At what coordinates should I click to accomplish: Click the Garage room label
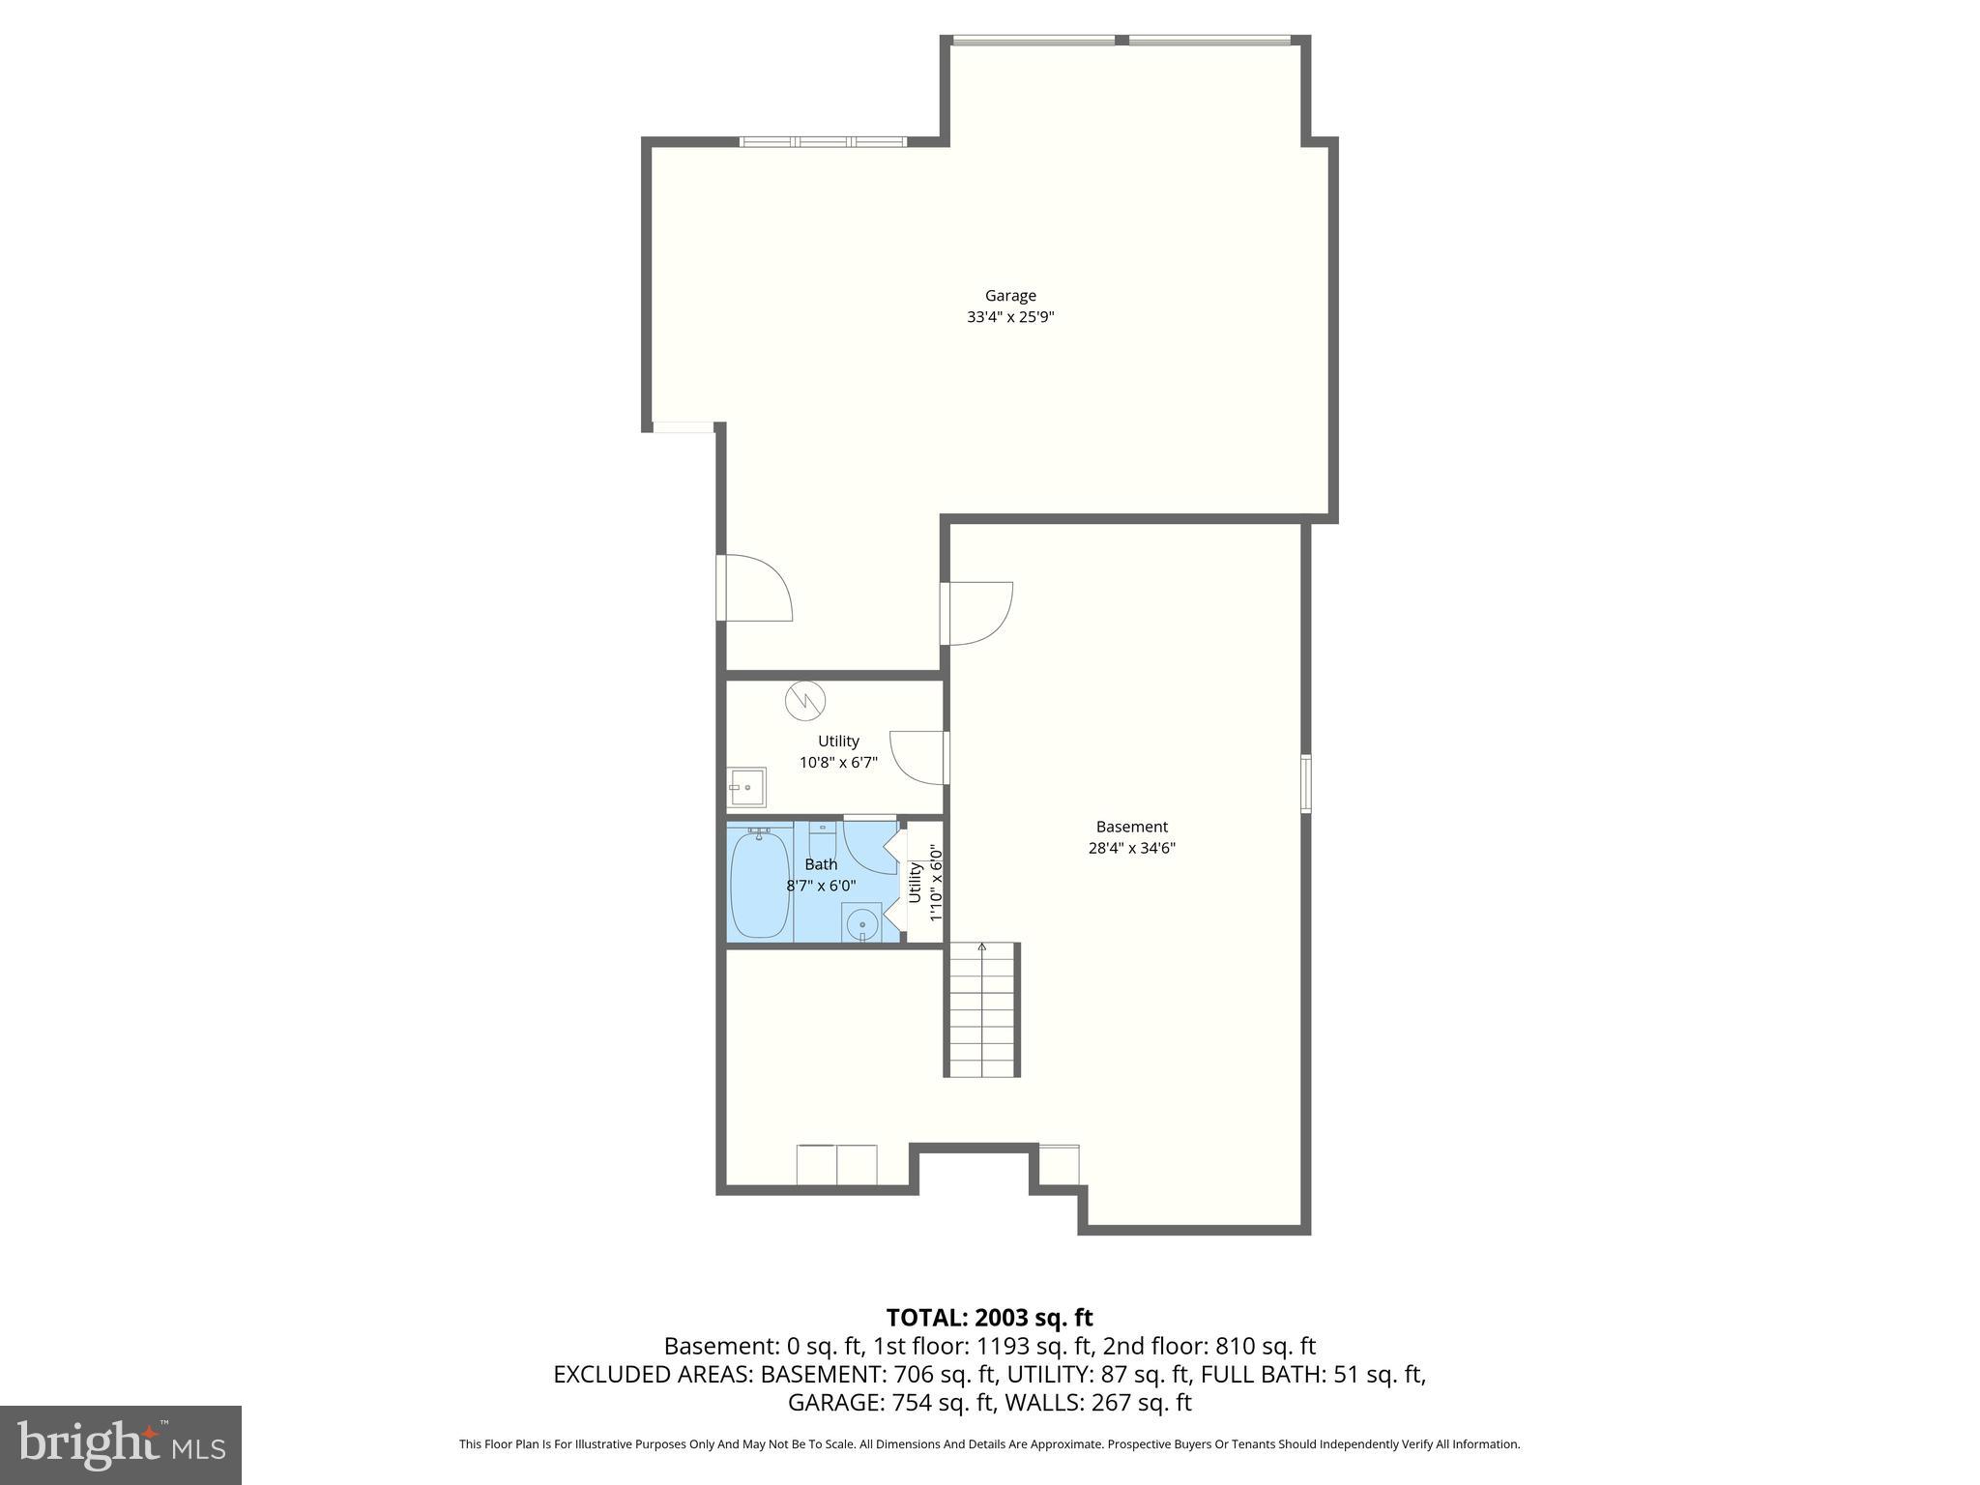click(x=1010, y=296)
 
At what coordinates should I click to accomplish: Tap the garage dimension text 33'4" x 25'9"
click(x=1010, y=317)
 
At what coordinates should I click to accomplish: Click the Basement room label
click(x=1131, y=827)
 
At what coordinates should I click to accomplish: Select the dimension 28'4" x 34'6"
click(x=1131, y=849)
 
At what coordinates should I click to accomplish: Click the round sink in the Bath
click(x=860, y=924)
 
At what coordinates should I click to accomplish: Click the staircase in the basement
click(x=982, y=1009)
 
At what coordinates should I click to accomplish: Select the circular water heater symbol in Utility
click(x=804, y=701)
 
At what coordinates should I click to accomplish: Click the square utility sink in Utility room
click(x=746, y=788)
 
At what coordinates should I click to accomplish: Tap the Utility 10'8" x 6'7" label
click(x=838, y=751)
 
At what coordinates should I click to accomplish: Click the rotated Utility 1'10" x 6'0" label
click(x=924, y=883)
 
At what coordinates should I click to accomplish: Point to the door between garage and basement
click(x=976, y=613)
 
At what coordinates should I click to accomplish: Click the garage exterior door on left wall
click(x=754, y=588)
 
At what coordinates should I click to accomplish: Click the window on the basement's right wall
click(x=1305, y=783)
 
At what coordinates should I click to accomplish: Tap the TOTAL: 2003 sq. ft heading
click(x=989, y=1318)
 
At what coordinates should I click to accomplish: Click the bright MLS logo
click(x=121, y=1444)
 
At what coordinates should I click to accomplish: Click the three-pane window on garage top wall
click(x=824, y=142)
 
